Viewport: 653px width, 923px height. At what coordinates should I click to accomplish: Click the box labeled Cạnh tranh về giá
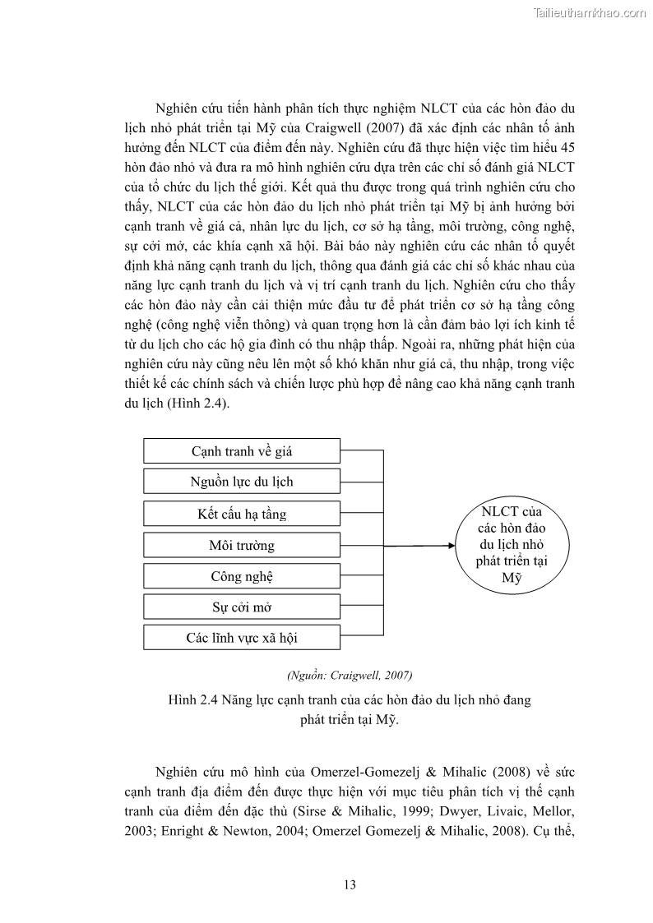(x=242, y=451)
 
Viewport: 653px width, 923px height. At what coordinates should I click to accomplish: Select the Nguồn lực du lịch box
(x=242, y=482)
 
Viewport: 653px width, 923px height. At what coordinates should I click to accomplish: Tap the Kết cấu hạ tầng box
(x=242, y=514)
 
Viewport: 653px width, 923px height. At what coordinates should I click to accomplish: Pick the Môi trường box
(x=242, y=545)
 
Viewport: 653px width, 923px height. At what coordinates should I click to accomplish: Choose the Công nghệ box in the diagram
(x=242, y=576)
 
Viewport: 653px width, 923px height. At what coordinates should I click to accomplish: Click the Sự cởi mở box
(x=242, y=607)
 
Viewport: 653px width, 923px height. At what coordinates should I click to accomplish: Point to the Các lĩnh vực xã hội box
(x=242, y=638)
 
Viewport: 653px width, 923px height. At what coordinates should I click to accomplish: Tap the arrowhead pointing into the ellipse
(x=451, y=545)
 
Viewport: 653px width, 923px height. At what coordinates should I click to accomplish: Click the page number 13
(x=350, y=885)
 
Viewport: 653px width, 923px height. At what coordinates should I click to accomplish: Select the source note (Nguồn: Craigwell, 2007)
(x=350, y=675)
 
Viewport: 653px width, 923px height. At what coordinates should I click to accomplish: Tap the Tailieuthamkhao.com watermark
(x=590, y=12)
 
